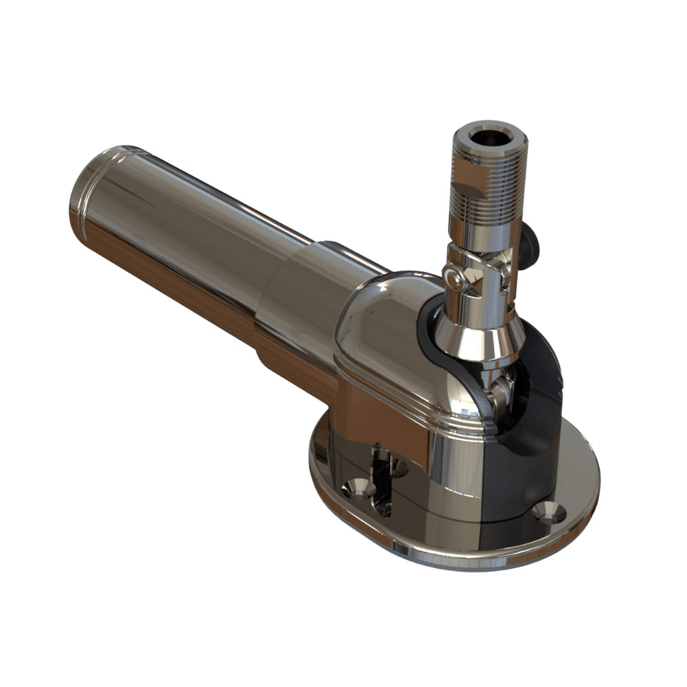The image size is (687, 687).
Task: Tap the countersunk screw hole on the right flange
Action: point(550,512)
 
